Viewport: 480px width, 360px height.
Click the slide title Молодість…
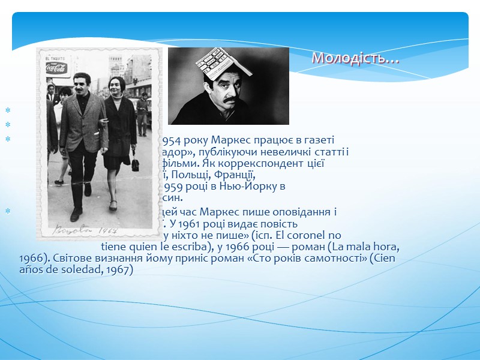click(x=356, y=59)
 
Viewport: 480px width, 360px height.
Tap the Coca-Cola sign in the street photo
click(x=55, y=67)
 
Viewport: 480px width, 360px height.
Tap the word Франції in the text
click(x=235, y=175)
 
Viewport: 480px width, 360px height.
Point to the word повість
click(x=278, y=223)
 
